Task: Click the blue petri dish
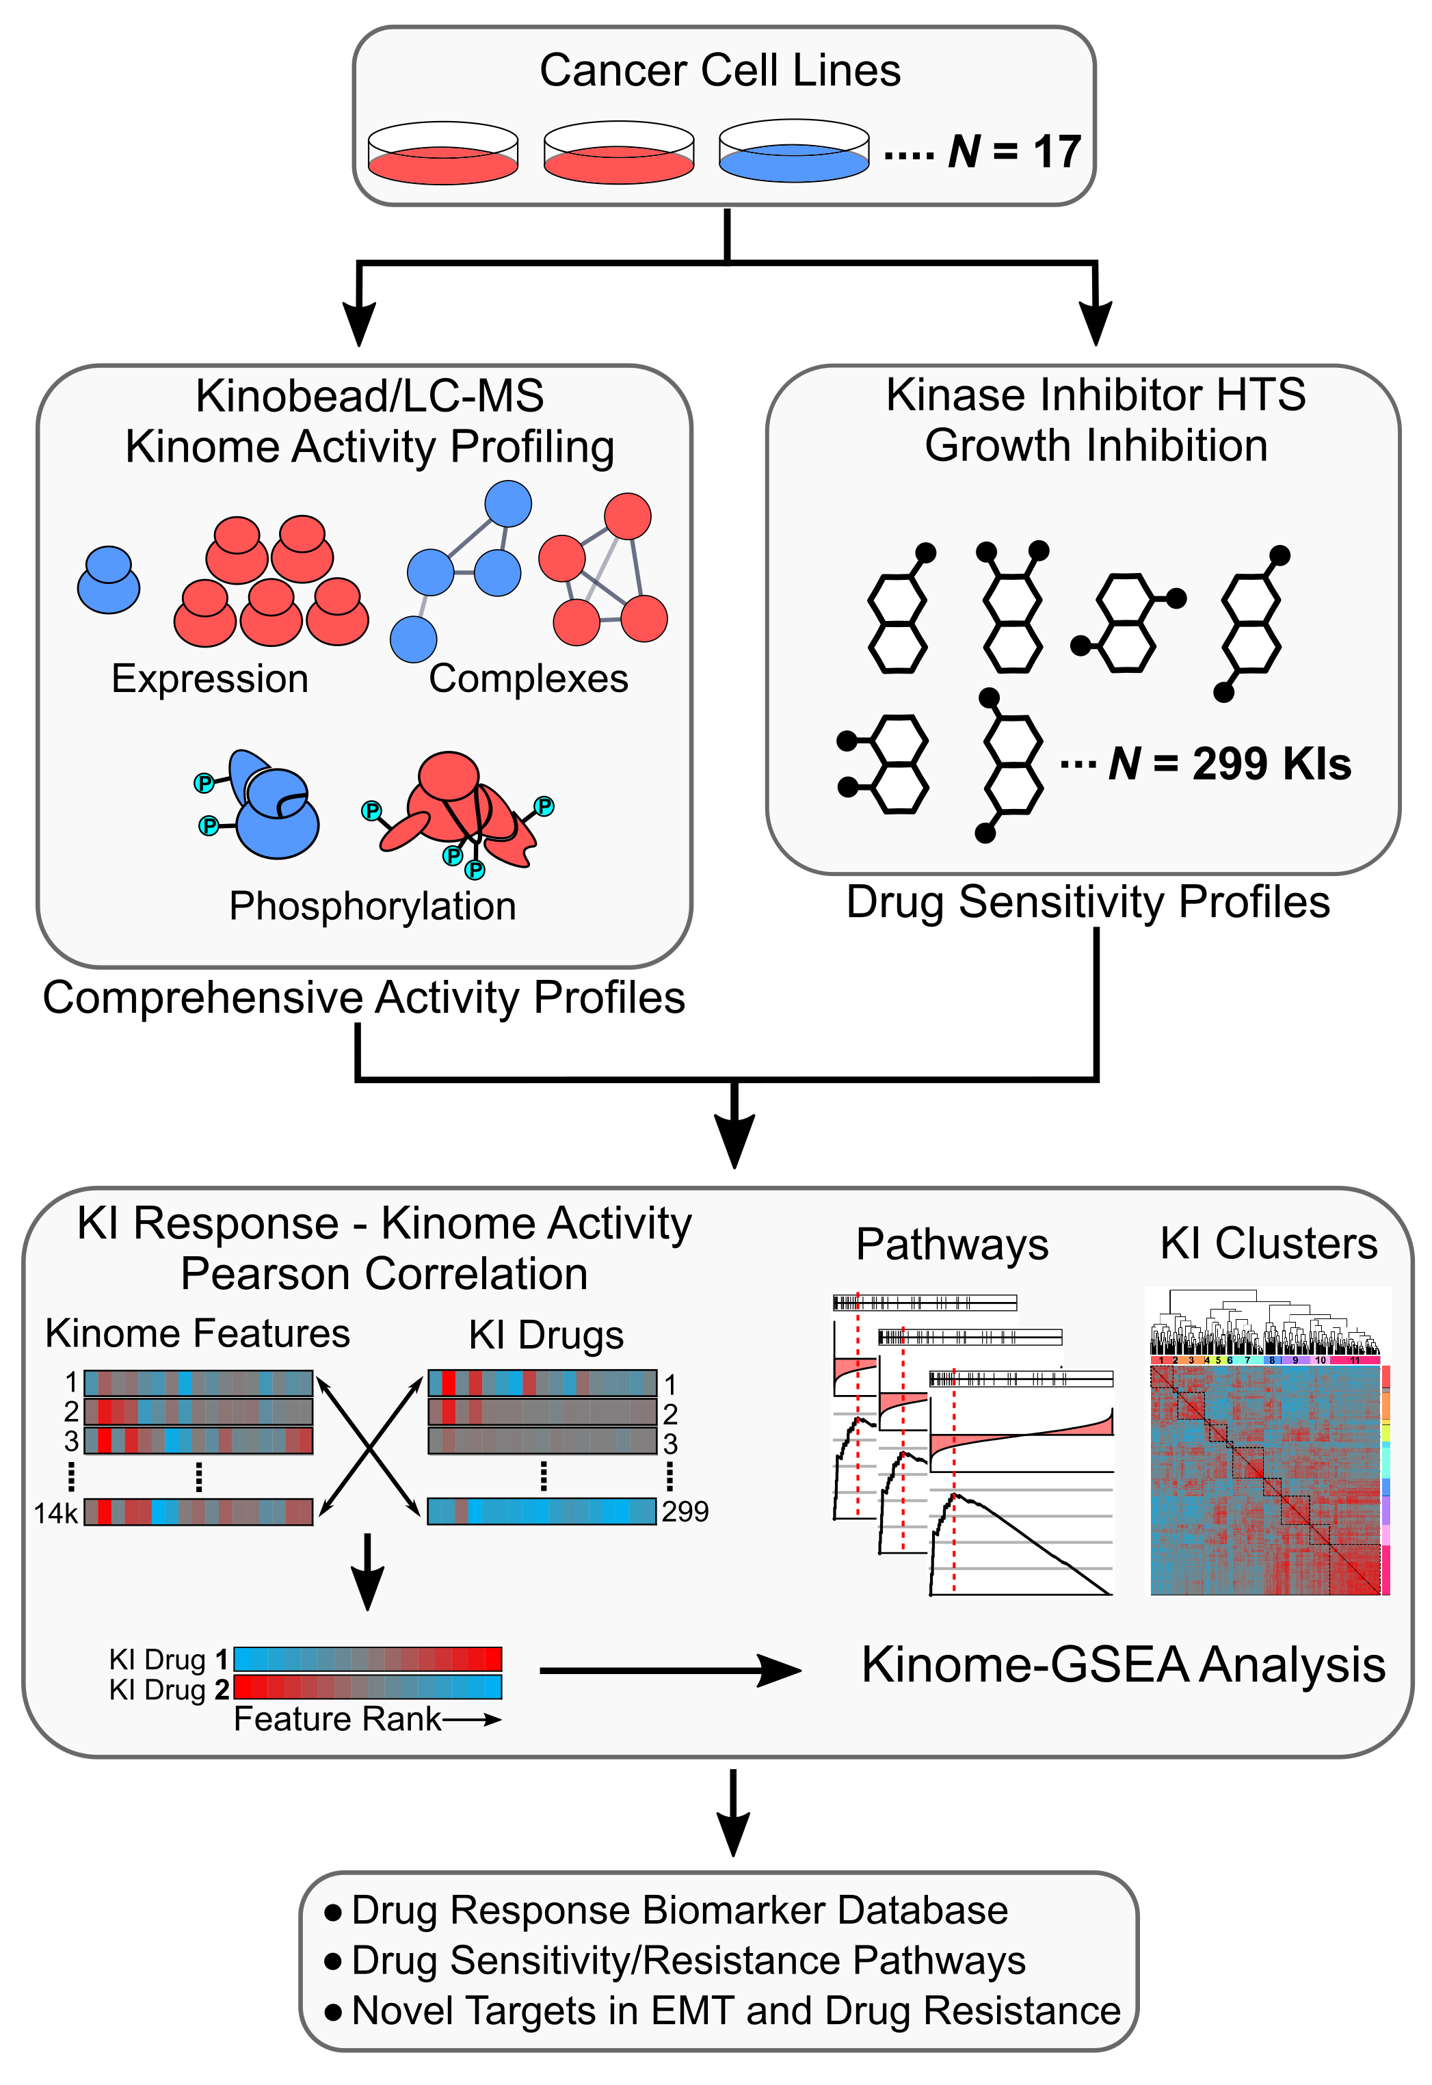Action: click(793, 160)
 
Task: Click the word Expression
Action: click(209, 679)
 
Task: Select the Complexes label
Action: click(529, 679)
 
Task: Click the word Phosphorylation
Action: click(372, 906)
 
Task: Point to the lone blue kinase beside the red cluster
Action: click(109, 583)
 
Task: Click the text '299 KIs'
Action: click(1271, 765)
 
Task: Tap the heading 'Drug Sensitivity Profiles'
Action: click(1087, 903)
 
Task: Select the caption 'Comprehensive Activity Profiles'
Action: click(363, 998)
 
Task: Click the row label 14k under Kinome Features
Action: click(55, 1513)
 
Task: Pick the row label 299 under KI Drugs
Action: click(685, 1512)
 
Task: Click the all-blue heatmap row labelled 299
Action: click(541, 1512)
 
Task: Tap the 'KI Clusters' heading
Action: click(1268, 1243)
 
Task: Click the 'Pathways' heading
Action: click(951, 1245)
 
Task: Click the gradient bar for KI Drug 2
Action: click(367, 1688)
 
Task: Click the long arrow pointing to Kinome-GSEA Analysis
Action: click(668, 1671)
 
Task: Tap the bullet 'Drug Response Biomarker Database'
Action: click(679, 1910)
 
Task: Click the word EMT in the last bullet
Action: click(693, 2010)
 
